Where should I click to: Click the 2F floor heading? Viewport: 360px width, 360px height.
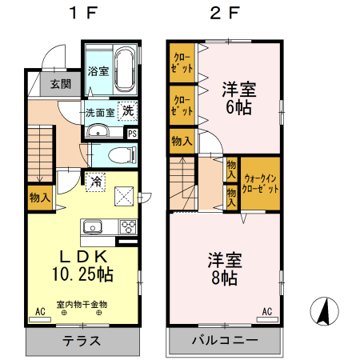tap(223, 13)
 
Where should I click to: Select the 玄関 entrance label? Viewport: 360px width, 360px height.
tap(60, 83)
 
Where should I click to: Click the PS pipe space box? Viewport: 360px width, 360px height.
tap(132, 134)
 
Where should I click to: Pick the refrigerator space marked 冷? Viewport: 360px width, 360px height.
tap(95, 181)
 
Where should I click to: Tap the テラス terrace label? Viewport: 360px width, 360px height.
tap(82, 340)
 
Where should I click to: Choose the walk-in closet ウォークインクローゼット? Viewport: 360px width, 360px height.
tap(262, 184)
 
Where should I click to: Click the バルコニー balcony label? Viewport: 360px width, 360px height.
tap(224, 340)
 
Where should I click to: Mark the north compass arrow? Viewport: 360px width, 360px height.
tap(326, 311)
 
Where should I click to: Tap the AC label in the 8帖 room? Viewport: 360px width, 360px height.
tap(267, 311)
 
